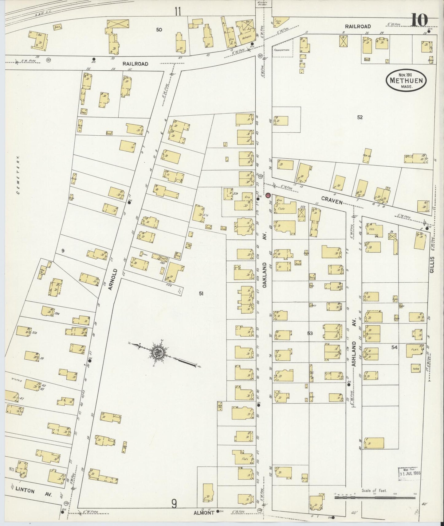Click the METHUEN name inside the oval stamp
coord(406,81)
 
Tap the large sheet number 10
coord(419,21)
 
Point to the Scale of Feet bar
coord(375,496)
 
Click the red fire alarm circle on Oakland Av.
coord(268,195)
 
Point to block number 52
coord(360,117)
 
